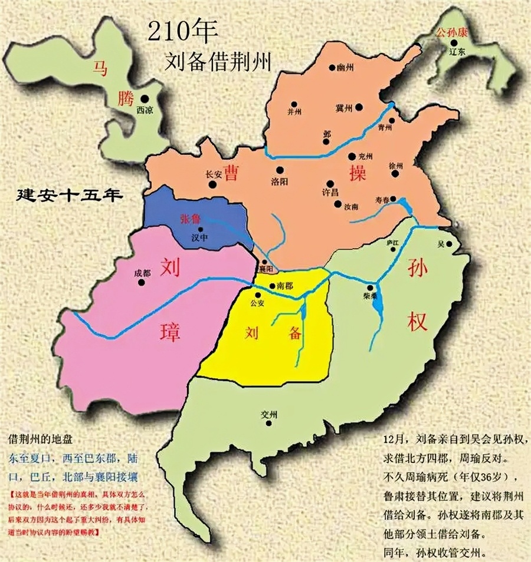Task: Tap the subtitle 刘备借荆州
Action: point(219,62)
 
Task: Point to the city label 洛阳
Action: point(280,181)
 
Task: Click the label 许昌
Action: point(330,193)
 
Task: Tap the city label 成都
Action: point(142,273)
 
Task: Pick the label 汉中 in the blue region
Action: point(200,238)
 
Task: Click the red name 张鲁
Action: point(190,219)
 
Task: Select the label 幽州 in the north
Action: point(345,69)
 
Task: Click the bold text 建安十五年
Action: point(70,195)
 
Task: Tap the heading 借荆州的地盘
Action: point(42,440)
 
